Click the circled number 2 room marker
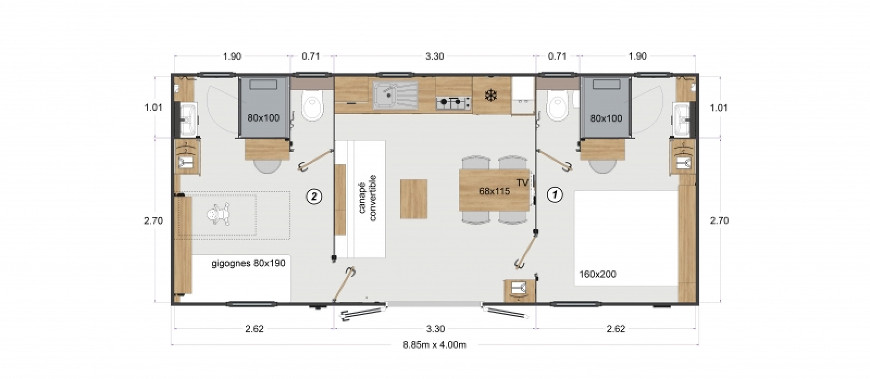pos(314,197)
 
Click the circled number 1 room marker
pos(555,195)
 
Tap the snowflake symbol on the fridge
pos(492,96)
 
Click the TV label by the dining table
pos(523,182)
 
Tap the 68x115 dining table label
pos(494,191)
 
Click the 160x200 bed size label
pos(598,274)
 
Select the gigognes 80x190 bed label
pos(248,263)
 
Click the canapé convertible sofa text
pos(368,198)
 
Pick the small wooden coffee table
pos(414,199)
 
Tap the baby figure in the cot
pos(218,215)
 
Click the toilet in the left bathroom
pos(312,105)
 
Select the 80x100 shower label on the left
pos(263,118)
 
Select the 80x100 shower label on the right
pos(606,118)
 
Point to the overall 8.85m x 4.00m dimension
pos(434,344)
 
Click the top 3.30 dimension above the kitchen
pos(434,56)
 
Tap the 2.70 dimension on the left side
pos(153,221)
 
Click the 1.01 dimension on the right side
pos(718,108)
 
